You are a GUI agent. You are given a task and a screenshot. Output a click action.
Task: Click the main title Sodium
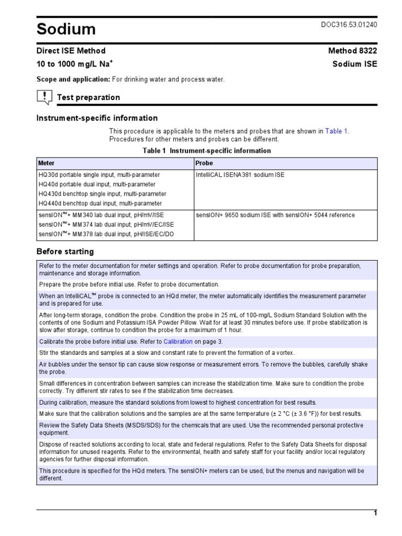click(x=66, y=29)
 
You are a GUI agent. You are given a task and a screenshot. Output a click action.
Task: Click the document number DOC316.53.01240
click(x=348, y=25)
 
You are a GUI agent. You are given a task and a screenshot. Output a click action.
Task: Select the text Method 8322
click(x=352, y=51)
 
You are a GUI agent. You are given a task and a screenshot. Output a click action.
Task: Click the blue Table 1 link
click(x=337, y=131)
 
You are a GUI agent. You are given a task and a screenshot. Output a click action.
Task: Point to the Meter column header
click(x=47, y=163)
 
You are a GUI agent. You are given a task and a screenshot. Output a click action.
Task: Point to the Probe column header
click(x=204, y=163)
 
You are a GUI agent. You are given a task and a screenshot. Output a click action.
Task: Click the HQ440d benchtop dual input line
click(x=100, y=203)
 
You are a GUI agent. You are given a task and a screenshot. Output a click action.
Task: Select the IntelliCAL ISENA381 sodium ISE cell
click(x=240, y=175)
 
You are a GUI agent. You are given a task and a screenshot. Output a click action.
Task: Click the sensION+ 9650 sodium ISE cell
click(x=275, y=215)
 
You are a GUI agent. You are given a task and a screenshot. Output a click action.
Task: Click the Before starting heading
click(x=65, y=251)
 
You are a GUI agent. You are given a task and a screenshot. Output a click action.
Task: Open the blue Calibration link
click(x=178, y=342)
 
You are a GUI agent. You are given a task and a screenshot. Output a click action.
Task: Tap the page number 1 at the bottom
click(x=375, y=513)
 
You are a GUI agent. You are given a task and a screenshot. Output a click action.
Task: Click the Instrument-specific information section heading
click(x=97, y=118)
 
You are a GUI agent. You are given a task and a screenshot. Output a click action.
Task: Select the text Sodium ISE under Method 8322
click(x=354, y=64)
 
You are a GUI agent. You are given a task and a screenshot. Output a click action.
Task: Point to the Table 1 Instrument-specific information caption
click(x=207, y=151)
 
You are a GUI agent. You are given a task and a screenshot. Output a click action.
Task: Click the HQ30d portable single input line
click(x=99, y=175)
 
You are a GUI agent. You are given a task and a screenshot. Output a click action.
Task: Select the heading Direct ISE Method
click(x=71, y=51)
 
